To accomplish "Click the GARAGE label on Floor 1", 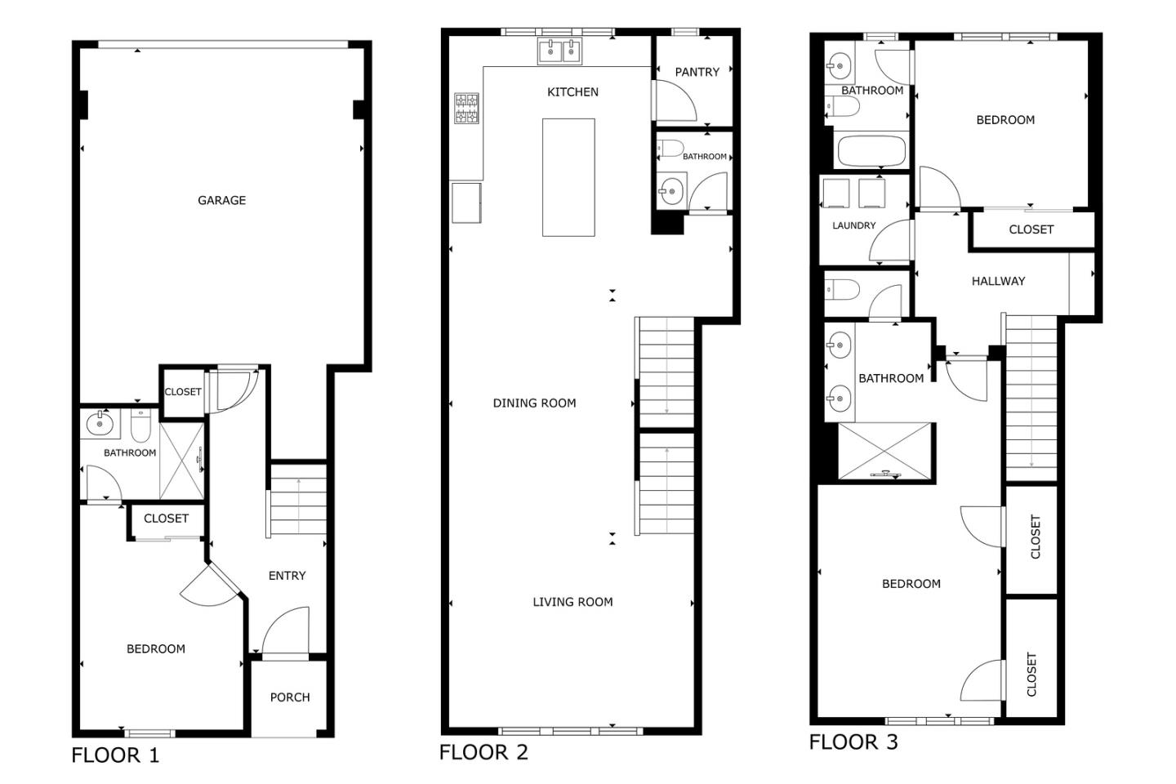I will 221,200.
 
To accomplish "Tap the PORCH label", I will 290,697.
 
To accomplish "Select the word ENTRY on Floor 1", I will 287,576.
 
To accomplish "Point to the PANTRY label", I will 697,72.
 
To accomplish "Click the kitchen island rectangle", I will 568,177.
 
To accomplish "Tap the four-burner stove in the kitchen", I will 466,109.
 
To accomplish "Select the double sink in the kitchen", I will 559,51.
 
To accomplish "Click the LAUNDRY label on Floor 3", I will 853,225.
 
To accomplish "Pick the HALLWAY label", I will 998,281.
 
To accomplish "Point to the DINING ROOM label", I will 534,403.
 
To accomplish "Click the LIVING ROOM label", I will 572,602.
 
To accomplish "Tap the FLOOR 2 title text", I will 483,752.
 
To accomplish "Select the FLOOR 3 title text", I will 853,742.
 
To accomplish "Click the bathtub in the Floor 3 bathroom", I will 871,151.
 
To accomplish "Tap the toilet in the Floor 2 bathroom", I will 670,149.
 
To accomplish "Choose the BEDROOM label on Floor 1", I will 155,649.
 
